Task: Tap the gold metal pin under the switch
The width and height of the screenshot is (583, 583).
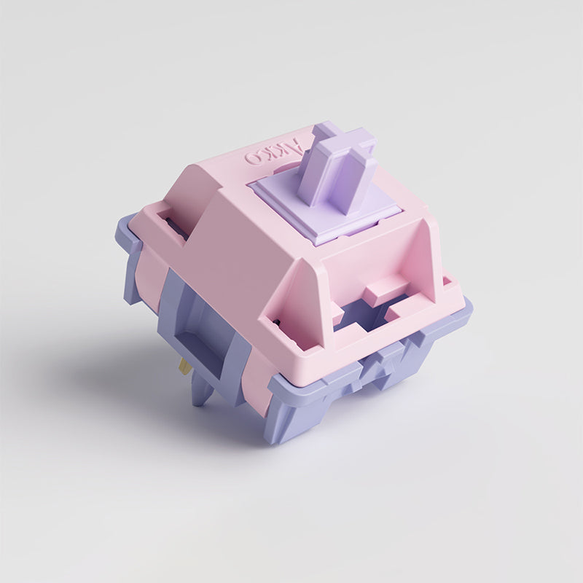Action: point(186,366)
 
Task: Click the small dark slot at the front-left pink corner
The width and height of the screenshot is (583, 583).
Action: point(275,321)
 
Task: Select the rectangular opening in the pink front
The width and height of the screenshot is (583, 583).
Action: point(364,313)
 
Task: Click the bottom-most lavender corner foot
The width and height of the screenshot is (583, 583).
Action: point(288,430)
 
